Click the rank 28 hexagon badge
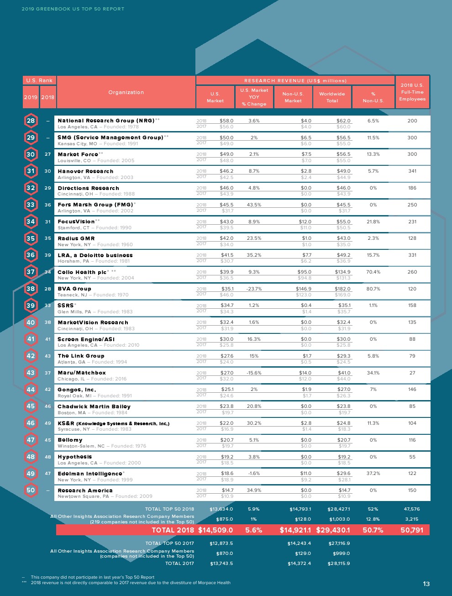[x=31, y=121]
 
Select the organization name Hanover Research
[x=85, y=171]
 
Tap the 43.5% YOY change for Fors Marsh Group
[x=254, y=205]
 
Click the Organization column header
[x=126, y=92]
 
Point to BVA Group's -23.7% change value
[x=254, y=289]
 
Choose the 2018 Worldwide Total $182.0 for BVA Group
[x=343, y=289]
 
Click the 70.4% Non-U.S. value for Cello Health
[x=373, y=272]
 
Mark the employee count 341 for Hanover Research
[x=412, y=171]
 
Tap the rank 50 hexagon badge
[x=31, y=490]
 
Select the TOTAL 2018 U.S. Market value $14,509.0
[x=215, y=530]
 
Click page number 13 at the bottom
[x=426, y=584]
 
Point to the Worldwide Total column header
[x=332, y=97]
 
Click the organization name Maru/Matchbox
[x=82, y=373]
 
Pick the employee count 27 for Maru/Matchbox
[x=412, y=373]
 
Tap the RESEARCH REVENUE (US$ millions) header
[x=295, y=80]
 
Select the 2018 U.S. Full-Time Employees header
[x=412, y=92]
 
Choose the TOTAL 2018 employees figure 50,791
[x=412, y=530]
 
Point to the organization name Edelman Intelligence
[x=90, y=474]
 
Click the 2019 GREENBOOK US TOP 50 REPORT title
[x=73, y=9]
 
